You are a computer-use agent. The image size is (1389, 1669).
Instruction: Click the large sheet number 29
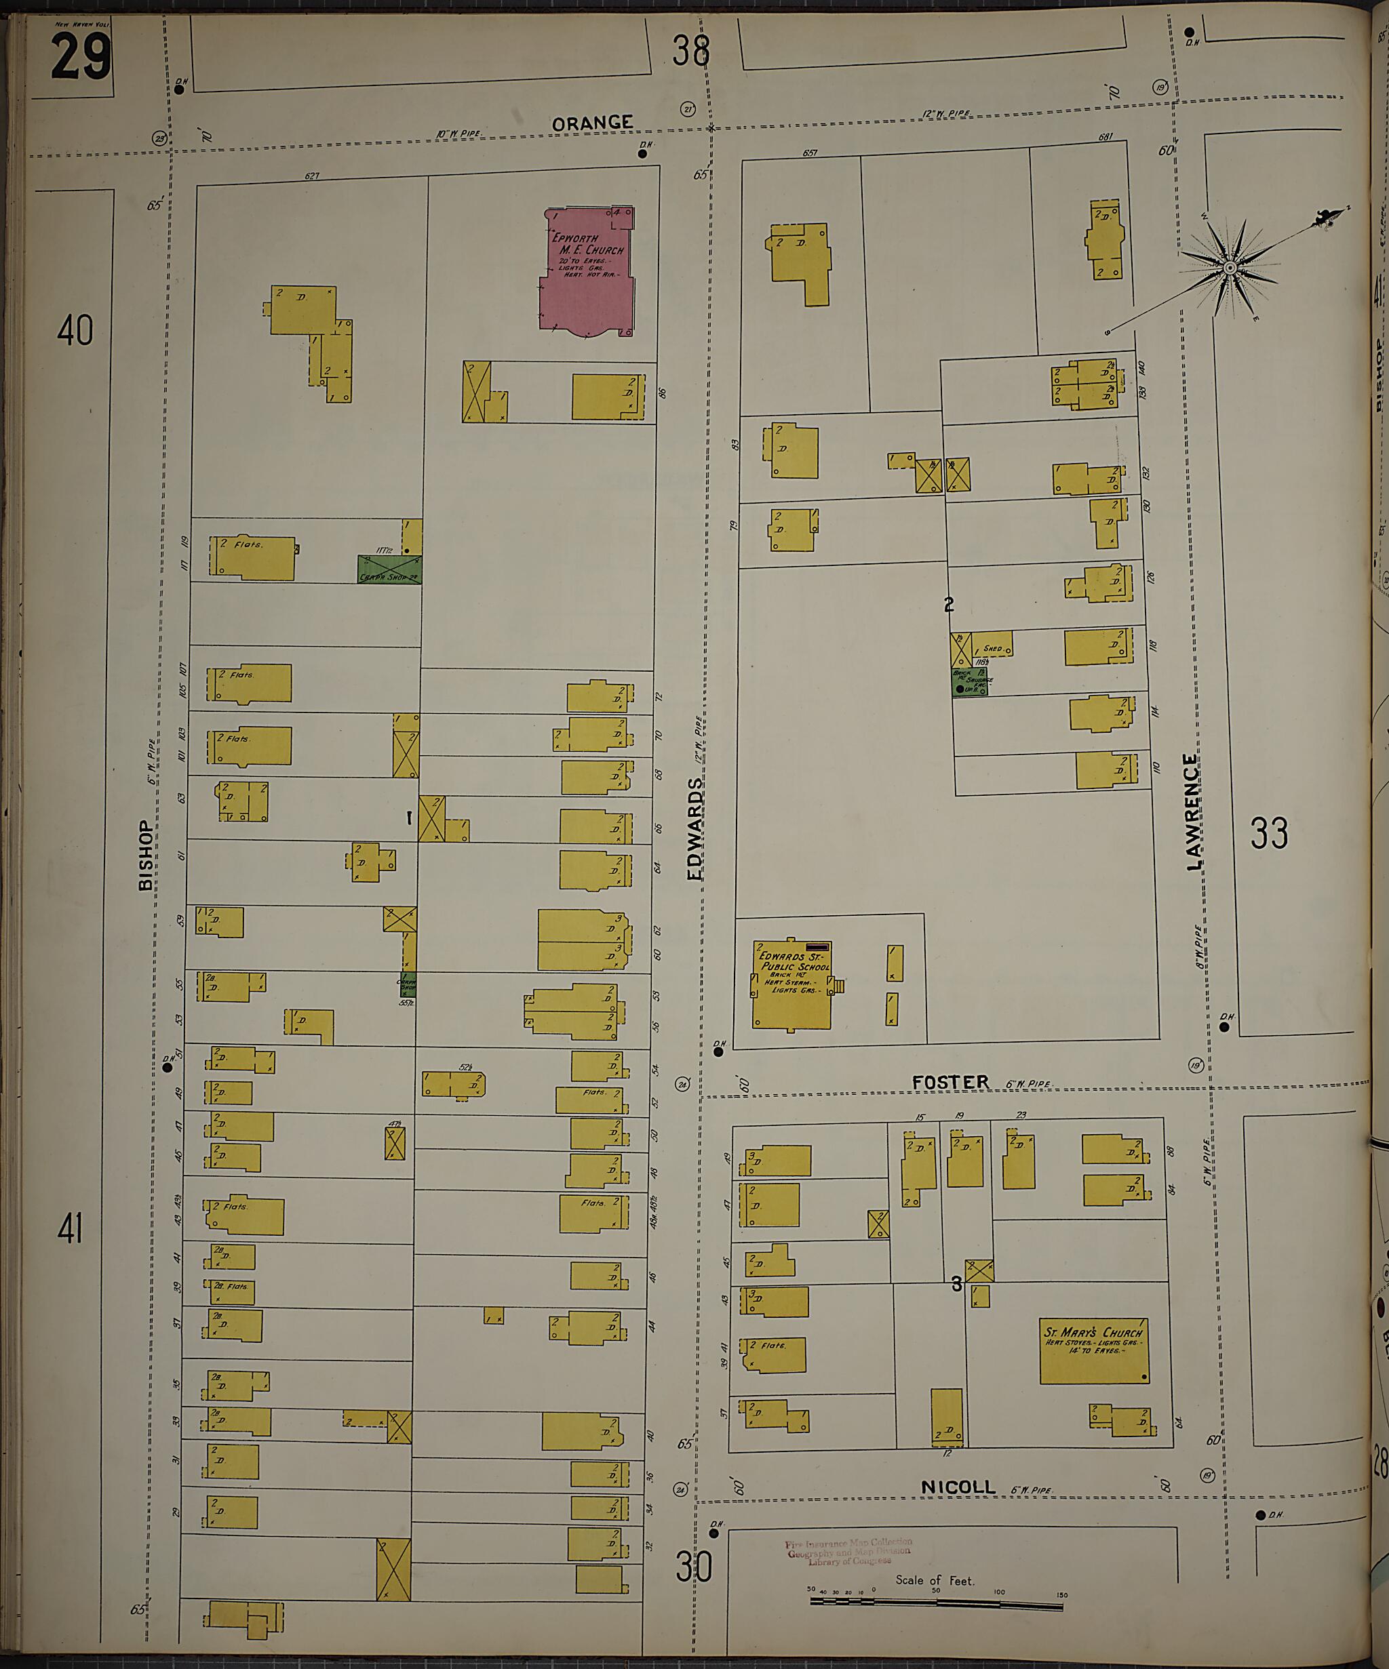pyautogui.click(x=79, y=57)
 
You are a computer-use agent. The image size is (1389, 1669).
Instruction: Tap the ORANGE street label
pyautogui.click(x=592, y=123)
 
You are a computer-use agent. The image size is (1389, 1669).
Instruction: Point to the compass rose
pyautogui.click(x=1229, y=268)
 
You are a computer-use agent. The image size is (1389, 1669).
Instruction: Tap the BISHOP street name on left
pyautogui.click(x=146, y=855)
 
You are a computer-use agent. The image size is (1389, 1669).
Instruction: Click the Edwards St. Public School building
pyautogui.click(x=792, y=985)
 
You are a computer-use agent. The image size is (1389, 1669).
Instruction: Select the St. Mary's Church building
pyautogui.click(x=1094, y=1350)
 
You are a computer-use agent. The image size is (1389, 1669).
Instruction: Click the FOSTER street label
pyautogui.click(x=950, y=1082)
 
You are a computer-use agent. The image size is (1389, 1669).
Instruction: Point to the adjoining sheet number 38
pyautogui.click(x=690, y=52)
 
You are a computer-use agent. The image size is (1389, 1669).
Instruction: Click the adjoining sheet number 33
pyautogui.click(x=1269, y=833)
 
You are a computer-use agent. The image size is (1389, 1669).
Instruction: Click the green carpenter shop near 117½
pyautogui.click(x=389, y=569)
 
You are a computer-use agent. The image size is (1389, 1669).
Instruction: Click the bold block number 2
pyautogui.click(x=949, y=605)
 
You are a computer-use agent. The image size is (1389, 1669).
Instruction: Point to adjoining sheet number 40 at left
pyautogui.click(x=75, y=330)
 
